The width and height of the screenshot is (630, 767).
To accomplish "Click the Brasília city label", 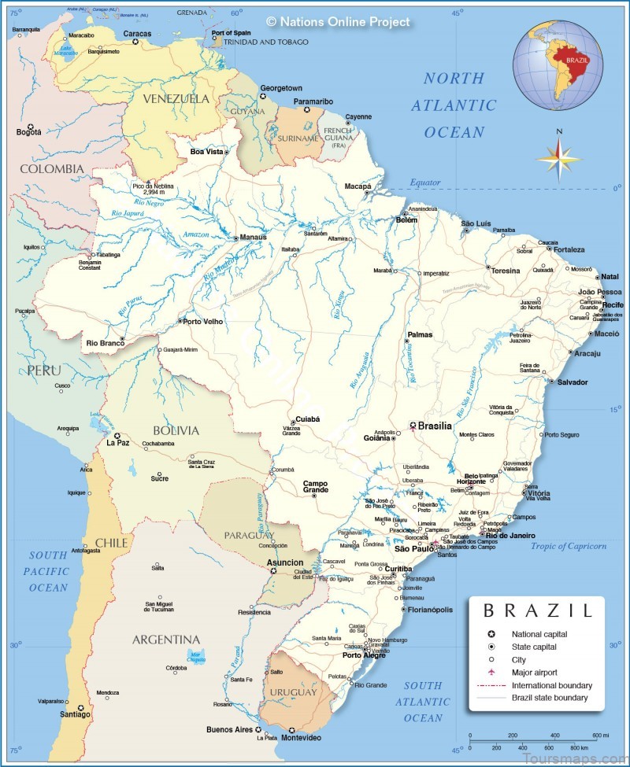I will (435, 426).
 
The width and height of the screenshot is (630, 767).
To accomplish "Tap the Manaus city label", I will (254, 236).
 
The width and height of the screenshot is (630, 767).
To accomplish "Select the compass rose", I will (558, 157).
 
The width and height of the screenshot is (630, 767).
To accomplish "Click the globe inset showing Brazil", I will (558, 62).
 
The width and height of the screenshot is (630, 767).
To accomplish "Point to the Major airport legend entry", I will (534, 673).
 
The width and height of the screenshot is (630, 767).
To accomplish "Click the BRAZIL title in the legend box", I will (537, 610).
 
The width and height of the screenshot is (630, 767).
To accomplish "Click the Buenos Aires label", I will (229, 729).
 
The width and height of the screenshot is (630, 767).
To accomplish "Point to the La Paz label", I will (117, 443).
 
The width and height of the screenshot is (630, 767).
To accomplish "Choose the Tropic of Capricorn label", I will (569, 546).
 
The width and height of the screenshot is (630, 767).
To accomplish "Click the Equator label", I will (424, 183).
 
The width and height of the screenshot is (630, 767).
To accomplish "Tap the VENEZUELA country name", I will (176, 99).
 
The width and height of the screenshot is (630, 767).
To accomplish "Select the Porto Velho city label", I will (203, 321).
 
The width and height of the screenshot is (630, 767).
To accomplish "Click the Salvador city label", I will (573, 382).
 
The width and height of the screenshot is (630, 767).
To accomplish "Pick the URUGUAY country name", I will (295, 692).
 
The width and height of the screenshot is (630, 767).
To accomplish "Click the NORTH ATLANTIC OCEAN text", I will (460, 105).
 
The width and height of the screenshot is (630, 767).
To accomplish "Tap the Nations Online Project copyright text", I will (338, 22).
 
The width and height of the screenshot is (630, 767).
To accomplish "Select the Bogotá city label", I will (28, 132).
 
